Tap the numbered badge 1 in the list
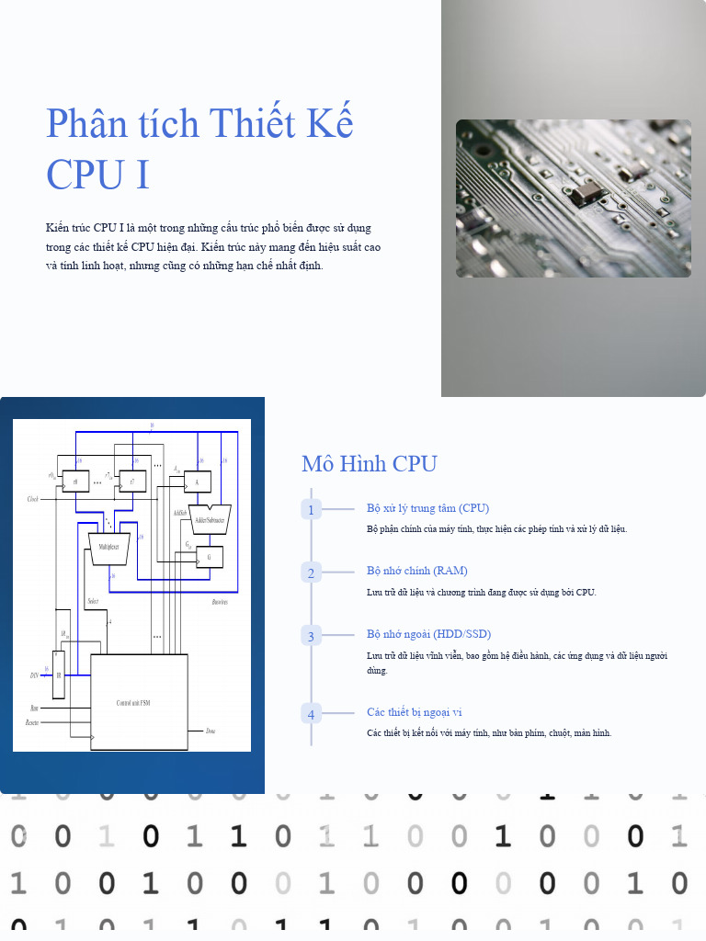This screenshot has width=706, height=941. (311, 510)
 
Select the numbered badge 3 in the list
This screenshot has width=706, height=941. (311, 636)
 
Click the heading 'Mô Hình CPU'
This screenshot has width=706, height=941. (369, 464)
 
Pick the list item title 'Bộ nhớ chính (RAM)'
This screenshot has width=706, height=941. (416, 571)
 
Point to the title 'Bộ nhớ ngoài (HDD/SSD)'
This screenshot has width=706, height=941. (428, 634)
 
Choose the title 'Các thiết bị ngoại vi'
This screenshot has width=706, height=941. (414, 712)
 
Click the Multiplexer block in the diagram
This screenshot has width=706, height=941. (114, 548)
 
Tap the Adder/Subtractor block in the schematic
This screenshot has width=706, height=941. (210, 519)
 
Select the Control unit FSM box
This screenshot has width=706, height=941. (139, 702)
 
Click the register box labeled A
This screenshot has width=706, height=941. (197, 481)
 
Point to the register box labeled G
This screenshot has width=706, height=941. (210, 557)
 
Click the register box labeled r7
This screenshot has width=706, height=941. (132, 481)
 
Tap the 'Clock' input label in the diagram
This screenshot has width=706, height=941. (33, 499)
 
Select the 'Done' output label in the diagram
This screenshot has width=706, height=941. (211, 731)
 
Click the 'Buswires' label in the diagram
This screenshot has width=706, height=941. (220, 602)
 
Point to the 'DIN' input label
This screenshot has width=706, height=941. (34, 675)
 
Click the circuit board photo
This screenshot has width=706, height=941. (574, 198)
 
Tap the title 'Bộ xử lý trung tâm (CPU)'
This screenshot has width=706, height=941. (427, 508)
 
